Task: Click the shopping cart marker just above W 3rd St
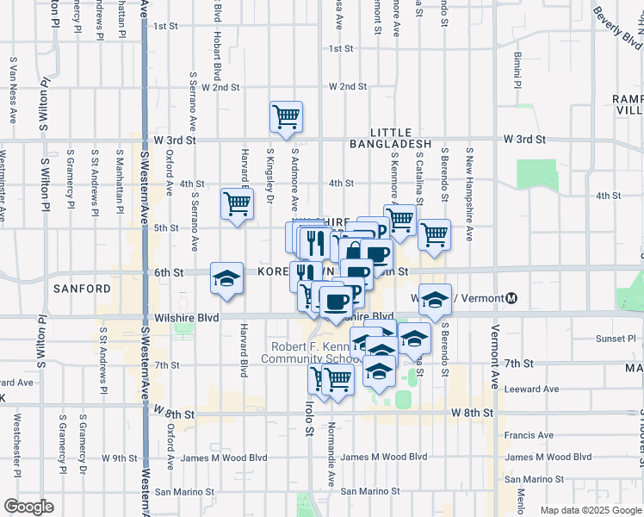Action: tap(286, 116)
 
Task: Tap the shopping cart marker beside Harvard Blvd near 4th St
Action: tap(237, 204)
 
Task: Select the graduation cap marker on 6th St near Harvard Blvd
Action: tap(226, 278)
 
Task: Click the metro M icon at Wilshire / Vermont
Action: tap(511, 298)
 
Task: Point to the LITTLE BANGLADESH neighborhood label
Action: tap(389, 137)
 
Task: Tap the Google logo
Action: tap(28, 507)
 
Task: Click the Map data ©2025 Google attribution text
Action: tap(590, 510)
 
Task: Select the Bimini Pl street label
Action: tap(517, 71)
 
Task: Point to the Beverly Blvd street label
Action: tap(617, 28)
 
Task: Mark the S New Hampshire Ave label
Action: tap(469, 193)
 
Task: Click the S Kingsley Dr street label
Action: tap(270, 179)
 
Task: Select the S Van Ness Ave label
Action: tap(14, 92)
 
